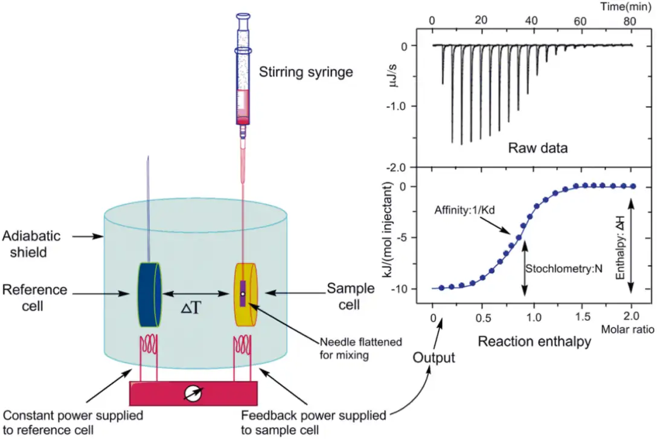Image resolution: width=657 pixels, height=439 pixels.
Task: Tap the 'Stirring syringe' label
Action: click(306, 73)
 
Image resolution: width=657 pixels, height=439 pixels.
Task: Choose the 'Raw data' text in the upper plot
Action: click(537, 147)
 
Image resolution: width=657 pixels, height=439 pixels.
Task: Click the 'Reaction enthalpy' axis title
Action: click(534, 341)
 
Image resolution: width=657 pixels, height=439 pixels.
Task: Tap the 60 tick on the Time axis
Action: click(580, 21)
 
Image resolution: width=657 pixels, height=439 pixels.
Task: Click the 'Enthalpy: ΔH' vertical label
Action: click(620, 248)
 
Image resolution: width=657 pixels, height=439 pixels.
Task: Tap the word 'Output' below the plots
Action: click(433, 358)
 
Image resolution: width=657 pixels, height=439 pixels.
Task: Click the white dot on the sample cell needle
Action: click(243, 294)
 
